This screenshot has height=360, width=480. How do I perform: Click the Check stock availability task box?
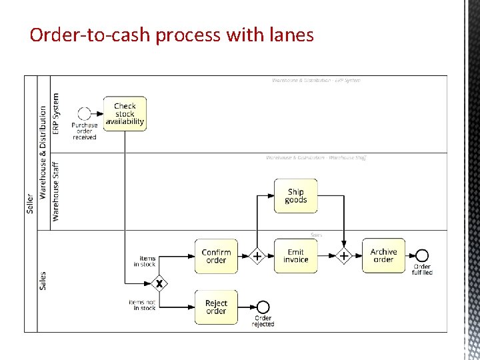click(125, 114)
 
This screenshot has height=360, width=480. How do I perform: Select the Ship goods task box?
click(295, 196)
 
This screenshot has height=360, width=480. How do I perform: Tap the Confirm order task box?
click(216, 256)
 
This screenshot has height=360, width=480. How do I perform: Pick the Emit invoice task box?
click(295, 256)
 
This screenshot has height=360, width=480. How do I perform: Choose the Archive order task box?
click(383, 256)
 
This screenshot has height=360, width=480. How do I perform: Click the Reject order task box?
click(216, 307)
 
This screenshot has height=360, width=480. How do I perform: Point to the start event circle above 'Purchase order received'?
click(84, 114)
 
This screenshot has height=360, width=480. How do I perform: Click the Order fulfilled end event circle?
click(422, 256)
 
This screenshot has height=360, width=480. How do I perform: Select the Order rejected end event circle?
click(263, 307)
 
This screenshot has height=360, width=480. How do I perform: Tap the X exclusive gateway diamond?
click(159, 283)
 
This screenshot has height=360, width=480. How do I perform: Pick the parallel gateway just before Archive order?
click(343, 256)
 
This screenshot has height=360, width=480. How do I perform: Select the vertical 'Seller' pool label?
click(30, 203)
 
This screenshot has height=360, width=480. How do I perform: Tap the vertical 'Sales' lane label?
click(43, 281)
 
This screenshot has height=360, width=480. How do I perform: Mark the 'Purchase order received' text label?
click(85, 131)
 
